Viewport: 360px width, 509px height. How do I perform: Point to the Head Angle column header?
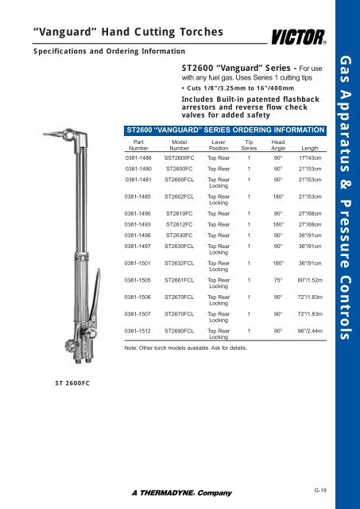[279, 143]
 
